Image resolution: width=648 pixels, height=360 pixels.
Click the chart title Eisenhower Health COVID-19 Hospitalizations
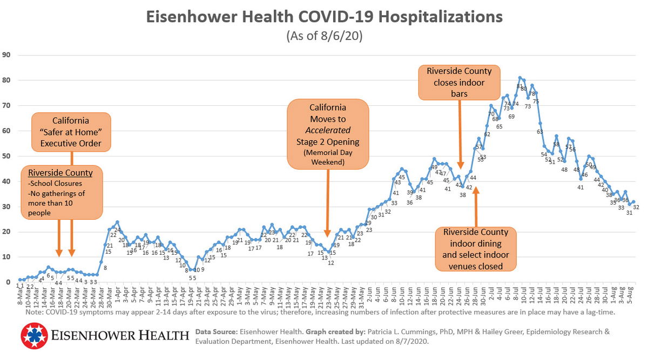tap(325, 17)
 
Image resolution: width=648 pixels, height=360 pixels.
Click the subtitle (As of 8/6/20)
tap(325, 37)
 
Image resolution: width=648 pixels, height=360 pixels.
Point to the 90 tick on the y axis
tap(7, 55)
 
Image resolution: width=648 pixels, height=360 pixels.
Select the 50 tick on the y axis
tap(7, 156)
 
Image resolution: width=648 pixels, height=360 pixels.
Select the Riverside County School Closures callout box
tap(61, 192)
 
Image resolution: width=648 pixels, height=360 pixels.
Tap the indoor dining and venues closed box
tap(476, 248)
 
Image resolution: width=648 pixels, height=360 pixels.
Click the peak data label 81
tap(519, 86)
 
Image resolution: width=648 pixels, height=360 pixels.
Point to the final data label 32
tap(636, 207)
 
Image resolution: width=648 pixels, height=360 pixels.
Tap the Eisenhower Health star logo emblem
tap(34, 336)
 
